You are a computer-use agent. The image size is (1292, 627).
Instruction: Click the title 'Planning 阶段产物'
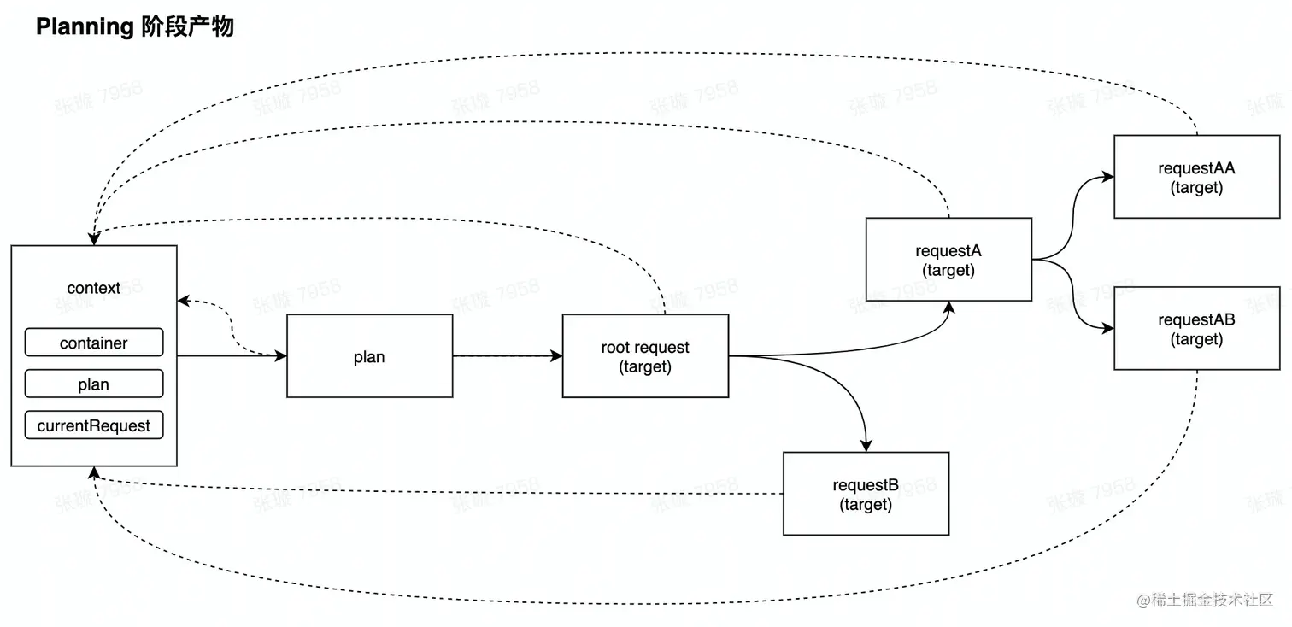click(134, 27)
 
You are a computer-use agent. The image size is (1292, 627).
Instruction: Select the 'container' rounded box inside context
click(94, 343)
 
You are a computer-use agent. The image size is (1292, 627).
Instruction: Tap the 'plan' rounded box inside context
click(94, 384)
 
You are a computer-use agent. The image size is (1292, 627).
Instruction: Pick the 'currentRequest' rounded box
click(94, 425)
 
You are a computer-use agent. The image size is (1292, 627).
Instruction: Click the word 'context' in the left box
click(94, 288)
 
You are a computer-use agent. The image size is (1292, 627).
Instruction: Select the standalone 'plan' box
click(369, 356)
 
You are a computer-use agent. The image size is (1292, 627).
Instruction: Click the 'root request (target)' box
click(645, 356)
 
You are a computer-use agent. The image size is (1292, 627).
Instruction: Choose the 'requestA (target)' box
click(948, 260)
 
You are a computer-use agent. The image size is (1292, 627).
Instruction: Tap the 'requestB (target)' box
click(866, 495)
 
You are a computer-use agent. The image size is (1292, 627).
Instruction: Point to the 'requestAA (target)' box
click(1196, 177)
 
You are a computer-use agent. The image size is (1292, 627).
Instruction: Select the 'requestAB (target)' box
click(1196, 329)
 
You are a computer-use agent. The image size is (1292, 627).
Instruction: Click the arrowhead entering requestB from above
click(866, 444)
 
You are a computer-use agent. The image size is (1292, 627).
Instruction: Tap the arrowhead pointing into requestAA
click(1107, 177)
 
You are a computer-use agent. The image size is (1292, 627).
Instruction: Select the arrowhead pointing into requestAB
click(1107, 329)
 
